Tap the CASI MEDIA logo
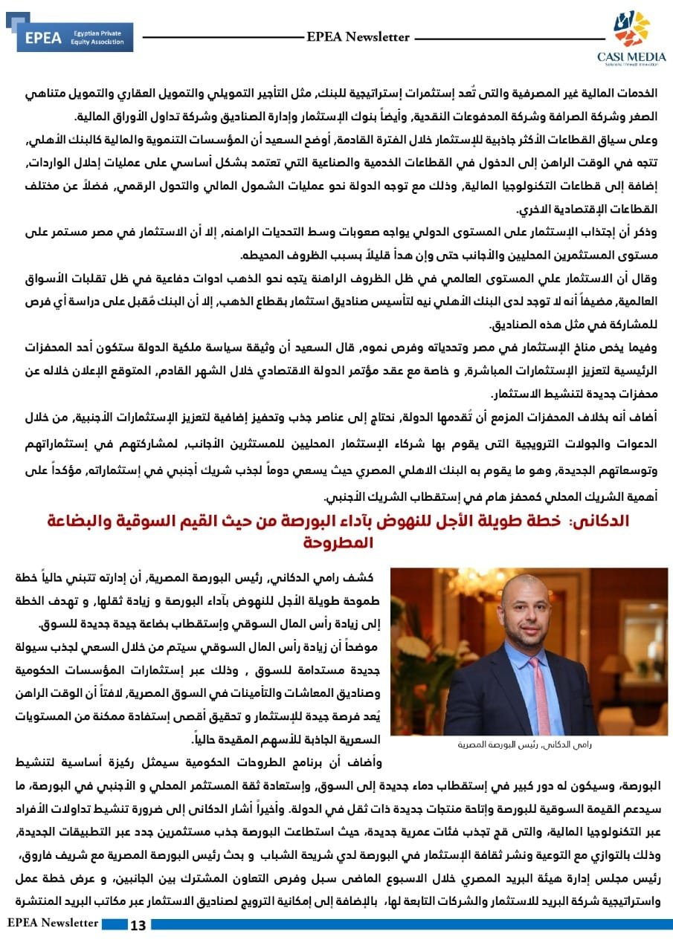click(631, 38)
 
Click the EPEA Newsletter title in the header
click(358, 36)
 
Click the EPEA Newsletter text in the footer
click(53, 923)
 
